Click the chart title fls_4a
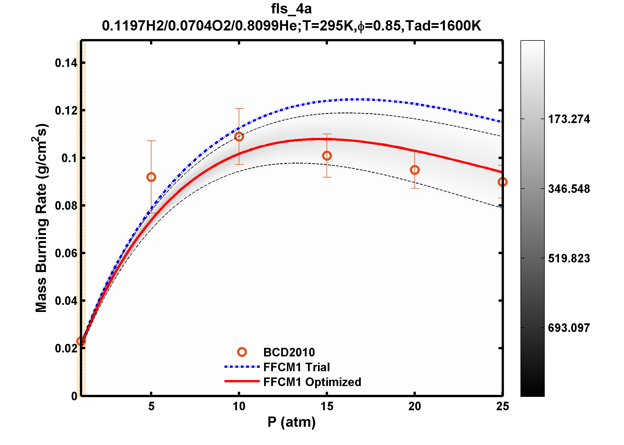click(291, 9)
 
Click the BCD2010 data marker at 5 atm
click(151, 177)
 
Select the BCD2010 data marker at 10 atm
click(239, 136)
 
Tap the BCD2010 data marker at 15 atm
click(327, 156)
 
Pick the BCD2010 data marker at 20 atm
click(415, 170)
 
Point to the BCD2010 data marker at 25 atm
click(502, 182)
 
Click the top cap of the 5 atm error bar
click(151, 141)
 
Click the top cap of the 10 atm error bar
click(239, 109)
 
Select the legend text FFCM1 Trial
click(296, 367)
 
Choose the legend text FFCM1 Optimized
click(312, 382)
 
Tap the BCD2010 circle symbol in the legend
click(242, 352)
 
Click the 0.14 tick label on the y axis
click(66, 63)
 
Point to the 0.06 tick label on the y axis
click(66, 253)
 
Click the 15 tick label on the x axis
click(327, 406)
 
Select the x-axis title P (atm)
click(291, 422)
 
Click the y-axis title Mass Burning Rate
click(41, 218)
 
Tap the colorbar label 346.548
click(569, 189)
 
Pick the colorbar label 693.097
click(569, 328)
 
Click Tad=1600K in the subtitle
click(443, 26)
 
